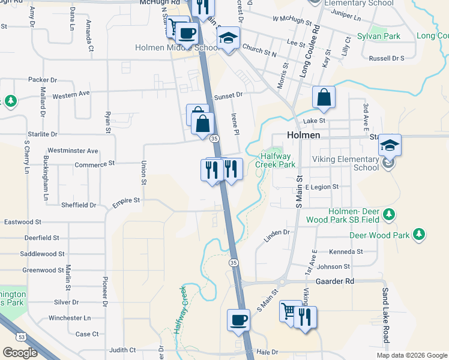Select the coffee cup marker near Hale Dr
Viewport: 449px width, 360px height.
tap(238, 319)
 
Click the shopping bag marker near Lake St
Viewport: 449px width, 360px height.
tap(324, 98)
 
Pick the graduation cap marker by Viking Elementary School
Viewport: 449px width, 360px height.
tap(390, 145)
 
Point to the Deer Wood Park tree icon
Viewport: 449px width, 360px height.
tap(418, 235)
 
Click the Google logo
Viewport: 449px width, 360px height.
tap(20, 352)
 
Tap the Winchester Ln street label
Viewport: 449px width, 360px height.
tap(70, 317)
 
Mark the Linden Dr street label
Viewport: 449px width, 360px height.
tap(277, 232)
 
